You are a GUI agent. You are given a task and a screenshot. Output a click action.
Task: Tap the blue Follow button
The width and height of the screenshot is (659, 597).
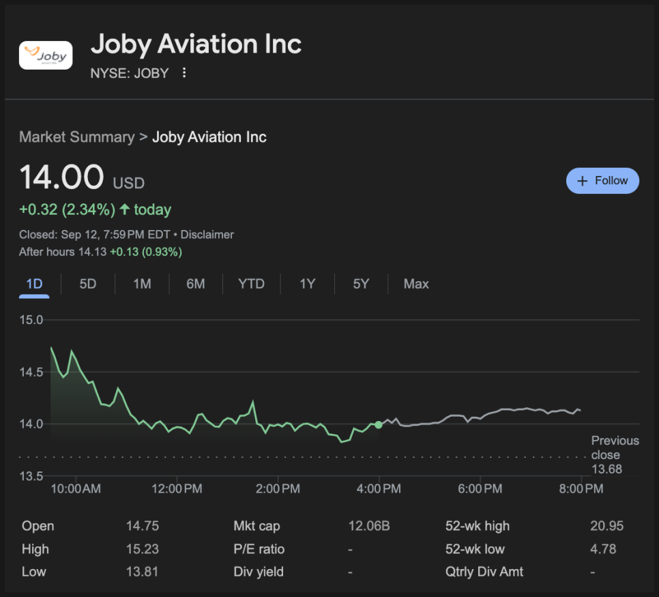click(x=602, y=181)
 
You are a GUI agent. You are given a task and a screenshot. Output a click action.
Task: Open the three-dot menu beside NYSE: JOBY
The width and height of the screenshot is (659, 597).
click(x=184, y=73)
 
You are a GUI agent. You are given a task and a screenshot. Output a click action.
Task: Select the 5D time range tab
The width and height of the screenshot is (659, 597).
click(x=88, y=284)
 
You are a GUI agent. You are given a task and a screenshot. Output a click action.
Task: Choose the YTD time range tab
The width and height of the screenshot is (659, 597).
click(x=251, y=284)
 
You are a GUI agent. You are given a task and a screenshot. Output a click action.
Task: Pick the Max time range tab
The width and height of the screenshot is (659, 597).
click(x=416, y=284)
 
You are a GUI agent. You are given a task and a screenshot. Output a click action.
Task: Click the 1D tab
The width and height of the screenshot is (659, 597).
click(x=34, y=284)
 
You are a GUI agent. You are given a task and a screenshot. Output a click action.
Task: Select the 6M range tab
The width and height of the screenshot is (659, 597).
click(x=196, y=284)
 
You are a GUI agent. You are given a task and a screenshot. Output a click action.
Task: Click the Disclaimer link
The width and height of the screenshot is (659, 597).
click(x=207, y=235)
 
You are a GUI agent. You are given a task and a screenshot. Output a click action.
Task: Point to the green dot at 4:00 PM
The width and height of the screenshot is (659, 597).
click(x=379, y=424)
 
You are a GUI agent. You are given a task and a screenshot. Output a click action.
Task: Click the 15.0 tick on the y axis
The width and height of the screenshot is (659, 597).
click(x=31, y=320)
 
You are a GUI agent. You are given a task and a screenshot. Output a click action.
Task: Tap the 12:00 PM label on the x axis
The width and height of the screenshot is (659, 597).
click(x=177, y=489)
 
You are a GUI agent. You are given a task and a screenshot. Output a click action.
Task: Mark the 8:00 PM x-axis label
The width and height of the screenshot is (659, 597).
click(x=581, y=489)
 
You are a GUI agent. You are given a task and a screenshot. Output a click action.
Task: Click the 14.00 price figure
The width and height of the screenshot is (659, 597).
click(x=62, y=178)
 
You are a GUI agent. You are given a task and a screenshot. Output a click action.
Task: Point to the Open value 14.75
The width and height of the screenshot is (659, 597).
click(x=143, y=526)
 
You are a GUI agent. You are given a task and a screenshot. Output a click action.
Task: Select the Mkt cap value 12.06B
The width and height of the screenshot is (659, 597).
click(x=369, y=526)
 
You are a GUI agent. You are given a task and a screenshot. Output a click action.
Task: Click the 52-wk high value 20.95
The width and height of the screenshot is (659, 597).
click(x=606, y=526)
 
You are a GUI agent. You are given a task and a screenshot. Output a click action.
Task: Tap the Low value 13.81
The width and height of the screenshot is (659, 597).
click(x=142, y=572)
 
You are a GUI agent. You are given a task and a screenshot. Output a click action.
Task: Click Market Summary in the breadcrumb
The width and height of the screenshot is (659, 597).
click(x=76, y=137)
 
